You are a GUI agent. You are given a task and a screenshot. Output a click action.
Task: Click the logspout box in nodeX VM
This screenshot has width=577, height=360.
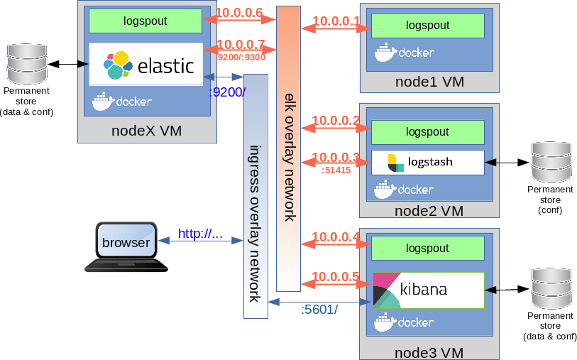(145, 21)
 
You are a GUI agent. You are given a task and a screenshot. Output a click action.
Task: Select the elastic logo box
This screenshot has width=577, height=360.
(145, 65)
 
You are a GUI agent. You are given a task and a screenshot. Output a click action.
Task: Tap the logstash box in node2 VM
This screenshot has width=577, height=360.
(427, 163)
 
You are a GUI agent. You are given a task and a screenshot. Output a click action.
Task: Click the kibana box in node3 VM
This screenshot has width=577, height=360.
(429, 290)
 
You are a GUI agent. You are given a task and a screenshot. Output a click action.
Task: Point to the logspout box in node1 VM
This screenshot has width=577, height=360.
(427, 26)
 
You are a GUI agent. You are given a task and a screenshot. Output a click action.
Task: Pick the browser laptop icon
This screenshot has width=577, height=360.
(126, 247)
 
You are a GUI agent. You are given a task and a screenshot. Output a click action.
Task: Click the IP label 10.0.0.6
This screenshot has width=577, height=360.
(239, 13)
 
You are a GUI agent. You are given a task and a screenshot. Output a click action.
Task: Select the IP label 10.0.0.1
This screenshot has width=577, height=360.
(336, 21)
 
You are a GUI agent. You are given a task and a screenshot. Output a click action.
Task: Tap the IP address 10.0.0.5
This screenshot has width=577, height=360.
(336, 277)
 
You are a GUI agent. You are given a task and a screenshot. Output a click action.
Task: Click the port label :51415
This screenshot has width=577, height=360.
(336, 170)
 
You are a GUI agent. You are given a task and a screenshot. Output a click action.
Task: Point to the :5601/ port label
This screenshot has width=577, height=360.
(319, 310)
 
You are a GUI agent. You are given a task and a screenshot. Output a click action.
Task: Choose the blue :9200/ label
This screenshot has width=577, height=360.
(227, 92)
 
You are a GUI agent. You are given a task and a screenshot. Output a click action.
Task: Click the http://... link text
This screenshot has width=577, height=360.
(201, 234)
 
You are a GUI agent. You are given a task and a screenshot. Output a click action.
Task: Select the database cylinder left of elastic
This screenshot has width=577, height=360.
(27, 64)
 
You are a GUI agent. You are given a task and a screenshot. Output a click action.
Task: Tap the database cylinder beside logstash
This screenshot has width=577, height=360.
(551, 162)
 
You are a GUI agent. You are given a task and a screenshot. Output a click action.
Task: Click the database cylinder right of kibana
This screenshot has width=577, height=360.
(551, 288)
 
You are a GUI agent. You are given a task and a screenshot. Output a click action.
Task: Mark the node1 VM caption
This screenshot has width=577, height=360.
(429, 82)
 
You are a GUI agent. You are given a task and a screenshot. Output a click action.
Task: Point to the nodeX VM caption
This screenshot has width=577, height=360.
(146, 131)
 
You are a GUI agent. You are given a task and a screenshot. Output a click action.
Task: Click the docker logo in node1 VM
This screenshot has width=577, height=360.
(405, 53)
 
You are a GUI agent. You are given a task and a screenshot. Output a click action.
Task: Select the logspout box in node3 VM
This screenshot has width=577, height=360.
(427, 249)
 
